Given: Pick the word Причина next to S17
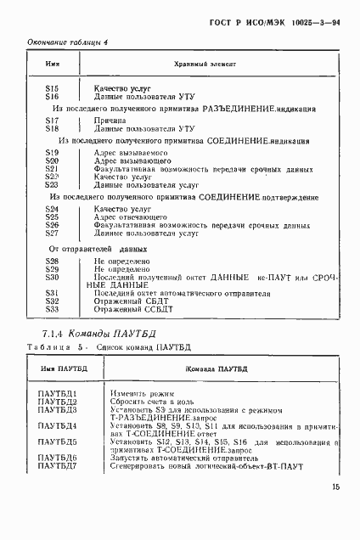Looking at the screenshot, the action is [x=109, y=121].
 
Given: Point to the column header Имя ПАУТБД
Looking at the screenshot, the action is [x=59, y=368].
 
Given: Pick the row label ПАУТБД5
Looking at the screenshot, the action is [x=58, y=442].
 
